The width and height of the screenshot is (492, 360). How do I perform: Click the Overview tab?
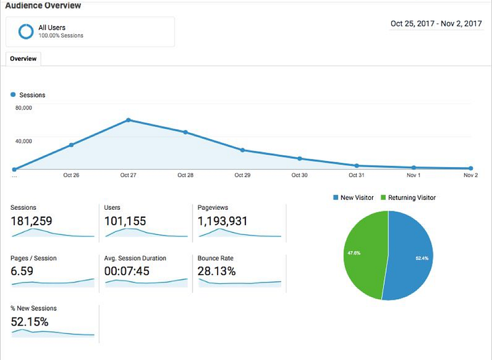coord(23,58)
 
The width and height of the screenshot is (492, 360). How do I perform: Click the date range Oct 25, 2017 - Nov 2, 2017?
coord(436,23)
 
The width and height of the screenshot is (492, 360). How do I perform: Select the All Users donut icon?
coord(26,31)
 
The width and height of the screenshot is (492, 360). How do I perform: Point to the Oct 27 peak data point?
coord(128,120)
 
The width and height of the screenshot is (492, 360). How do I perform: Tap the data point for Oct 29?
coord(242,150)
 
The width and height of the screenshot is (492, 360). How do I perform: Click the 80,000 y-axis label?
coord(23,108)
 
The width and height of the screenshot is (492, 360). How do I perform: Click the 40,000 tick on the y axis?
coord(23,141)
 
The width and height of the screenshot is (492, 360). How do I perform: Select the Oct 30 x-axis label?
coord(299,175)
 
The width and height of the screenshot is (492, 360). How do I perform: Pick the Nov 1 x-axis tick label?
coord(413,175)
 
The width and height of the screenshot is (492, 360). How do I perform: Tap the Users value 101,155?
coord(125,220)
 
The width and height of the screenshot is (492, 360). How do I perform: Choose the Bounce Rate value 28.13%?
coord(216,271)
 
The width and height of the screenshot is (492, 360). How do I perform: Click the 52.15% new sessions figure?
coord(30,321)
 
